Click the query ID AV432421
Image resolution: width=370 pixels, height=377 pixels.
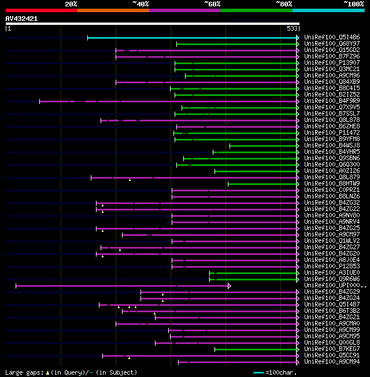coord(21,19)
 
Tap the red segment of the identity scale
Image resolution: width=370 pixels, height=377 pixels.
coord(41,10)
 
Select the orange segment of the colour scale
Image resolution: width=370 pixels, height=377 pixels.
coord(113,10)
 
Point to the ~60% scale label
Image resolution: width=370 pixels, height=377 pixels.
coord(212,4)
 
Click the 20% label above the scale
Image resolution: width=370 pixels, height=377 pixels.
coord(71,4)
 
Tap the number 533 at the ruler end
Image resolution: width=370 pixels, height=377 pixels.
coord(293,28)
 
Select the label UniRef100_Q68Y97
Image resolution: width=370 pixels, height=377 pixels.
coord(332,43)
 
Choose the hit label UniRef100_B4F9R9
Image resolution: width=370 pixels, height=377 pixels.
coord(332,101)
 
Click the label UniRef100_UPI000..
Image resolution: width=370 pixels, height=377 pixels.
coord(334,286)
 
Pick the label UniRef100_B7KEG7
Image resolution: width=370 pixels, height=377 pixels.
coord(332,349)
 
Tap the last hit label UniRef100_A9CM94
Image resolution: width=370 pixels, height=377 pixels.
coord(332,362)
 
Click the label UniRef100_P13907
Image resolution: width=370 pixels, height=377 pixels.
coord(332,62)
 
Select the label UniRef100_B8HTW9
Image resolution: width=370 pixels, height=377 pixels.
coord(332,184)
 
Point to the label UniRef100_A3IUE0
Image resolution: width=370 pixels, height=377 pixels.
coord(332,272)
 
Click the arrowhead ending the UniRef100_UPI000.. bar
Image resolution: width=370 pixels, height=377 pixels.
coord(230,286)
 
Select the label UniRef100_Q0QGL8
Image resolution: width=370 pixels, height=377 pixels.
coord(332,343)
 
